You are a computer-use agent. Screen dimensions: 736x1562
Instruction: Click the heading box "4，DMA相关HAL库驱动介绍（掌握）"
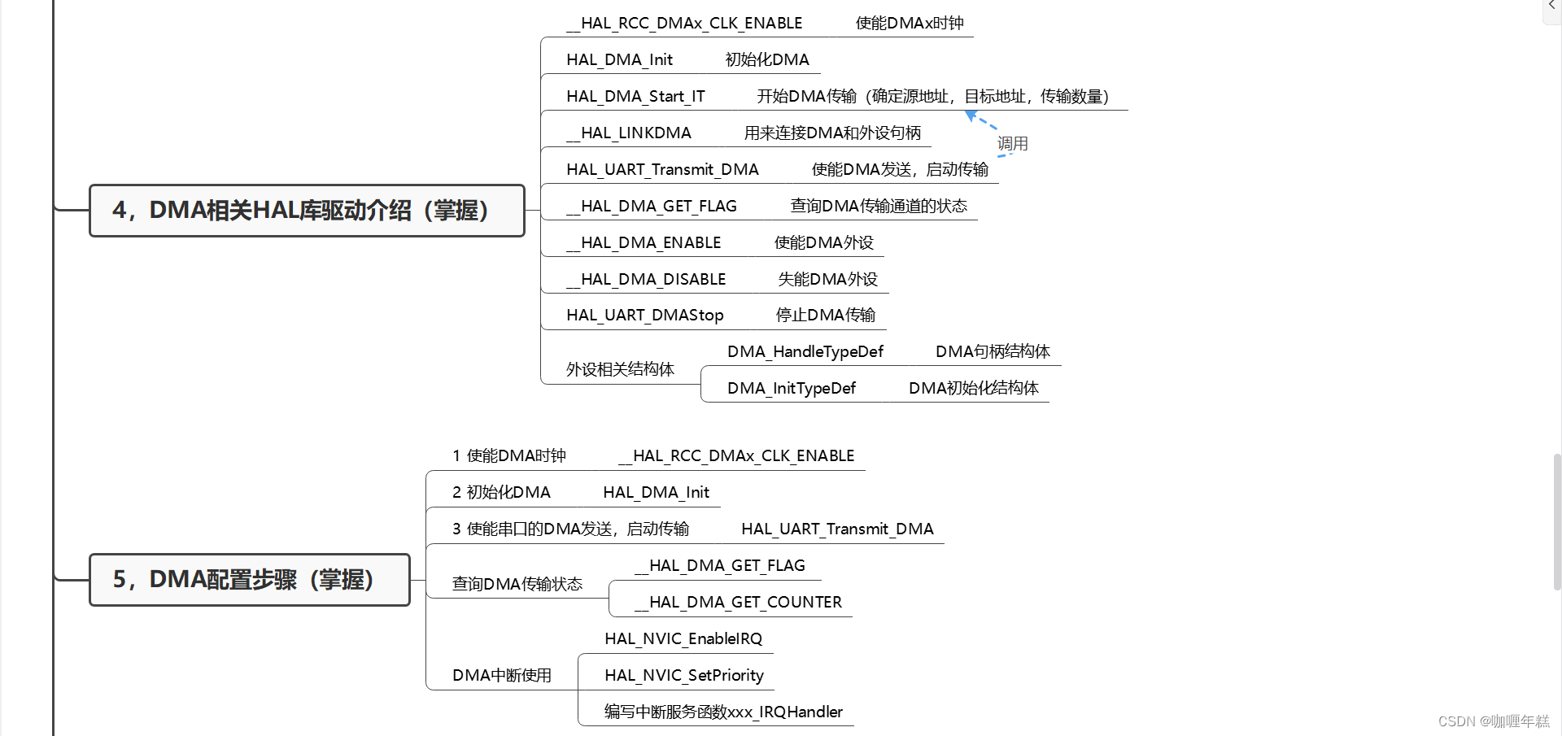click(x=306, y=211)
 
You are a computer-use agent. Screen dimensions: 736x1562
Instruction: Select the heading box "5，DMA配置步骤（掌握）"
click(x=249, y=580)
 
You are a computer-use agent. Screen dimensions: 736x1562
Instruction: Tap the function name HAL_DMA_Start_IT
click(x=635, y=97)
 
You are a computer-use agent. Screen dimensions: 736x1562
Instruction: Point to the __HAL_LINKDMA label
click(x=629, y=133)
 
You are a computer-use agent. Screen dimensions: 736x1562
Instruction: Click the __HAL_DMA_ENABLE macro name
click(x=644, y=243)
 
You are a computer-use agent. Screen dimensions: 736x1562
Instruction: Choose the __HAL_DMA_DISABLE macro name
click(x=646, y=280)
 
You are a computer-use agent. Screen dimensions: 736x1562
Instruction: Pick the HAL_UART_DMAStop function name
click(x=644, y=316)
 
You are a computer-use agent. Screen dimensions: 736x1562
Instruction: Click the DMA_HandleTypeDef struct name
click(x=805, y=352)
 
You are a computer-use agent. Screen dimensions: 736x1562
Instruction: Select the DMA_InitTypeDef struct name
click(x=791, y=389)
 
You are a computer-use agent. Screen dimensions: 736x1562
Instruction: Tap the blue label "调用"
click(x=1013, y=144)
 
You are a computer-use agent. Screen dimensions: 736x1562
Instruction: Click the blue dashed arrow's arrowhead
click(x=971, y=116)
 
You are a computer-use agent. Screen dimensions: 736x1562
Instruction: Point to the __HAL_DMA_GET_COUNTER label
click(x=738, y=603)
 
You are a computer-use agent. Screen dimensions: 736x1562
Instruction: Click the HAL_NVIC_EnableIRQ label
click(x=683, y=639)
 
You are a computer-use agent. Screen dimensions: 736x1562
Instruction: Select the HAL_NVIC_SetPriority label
click(x=683, y=676)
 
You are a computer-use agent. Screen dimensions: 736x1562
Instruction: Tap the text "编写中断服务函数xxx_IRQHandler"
click(x=723, y=712)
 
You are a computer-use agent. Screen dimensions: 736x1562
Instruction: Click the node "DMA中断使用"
click(x=502, y=676)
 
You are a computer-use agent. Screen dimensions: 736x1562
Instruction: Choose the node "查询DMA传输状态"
click(x=517, y=584)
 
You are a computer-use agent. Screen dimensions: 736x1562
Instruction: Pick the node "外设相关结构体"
click(x=620, y=370)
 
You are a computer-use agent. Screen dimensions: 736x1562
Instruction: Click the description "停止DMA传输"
click(x=825, y=316)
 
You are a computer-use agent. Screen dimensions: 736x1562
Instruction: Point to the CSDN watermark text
click(x=1494, y=721)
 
